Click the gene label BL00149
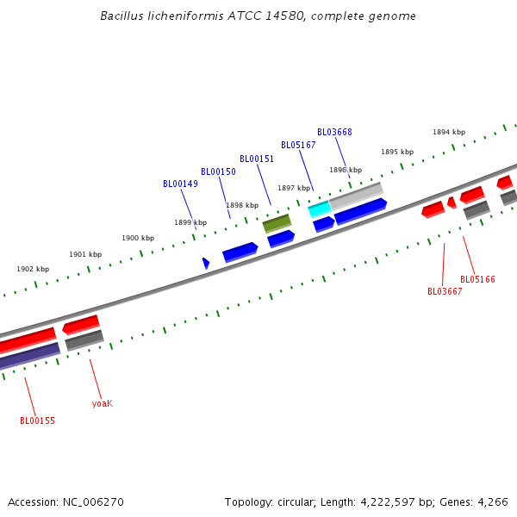point(180,184)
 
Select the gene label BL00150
point(218,171)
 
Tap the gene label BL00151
point(257,159)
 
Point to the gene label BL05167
point(298,145)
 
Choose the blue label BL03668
point(334,132)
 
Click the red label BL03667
point(445,291)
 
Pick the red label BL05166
point(477,279)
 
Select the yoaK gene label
point(102,403)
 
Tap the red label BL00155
point(37,420)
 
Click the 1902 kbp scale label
point(33,269)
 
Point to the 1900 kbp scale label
point(138,238)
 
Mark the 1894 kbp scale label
point(449,132)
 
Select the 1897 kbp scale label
point(293,188)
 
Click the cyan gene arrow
point(319,209)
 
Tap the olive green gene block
point(277,223)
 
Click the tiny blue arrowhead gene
point(206,263)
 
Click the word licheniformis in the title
point(175,16)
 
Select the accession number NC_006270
point(92,501)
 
